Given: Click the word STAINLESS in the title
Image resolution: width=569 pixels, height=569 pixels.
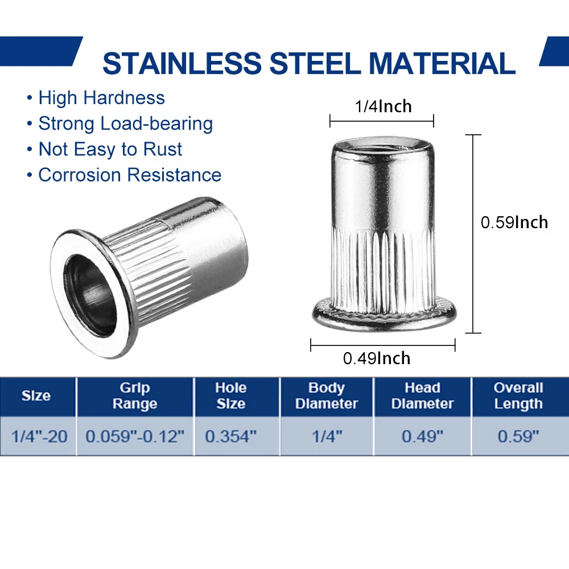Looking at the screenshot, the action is pyautogui.click(x=182, y=63).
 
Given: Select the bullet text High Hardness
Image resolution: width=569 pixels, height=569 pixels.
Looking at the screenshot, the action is pyautogui.click(x=102, y=98).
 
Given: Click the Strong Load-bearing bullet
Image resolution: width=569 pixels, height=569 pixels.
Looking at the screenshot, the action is pyautogui.click(x=126, y=123).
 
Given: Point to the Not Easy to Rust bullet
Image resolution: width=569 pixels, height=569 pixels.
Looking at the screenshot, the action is pyautogui.click(x=110, y=149).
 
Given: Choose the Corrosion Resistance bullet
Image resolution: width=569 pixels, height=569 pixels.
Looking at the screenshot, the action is pyautogui.click(x=130, y=175).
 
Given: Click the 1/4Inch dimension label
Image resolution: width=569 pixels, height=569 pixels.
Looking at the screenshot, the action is pyautogui.click(x=383, y=106).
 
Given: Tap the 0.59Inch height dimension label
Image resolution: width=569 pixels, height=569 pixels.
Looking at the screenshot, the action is pyautogui.click(x=514, y=222).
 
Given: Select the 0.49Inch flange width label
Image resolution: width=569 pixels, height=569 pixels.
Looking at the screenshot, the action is pyautogui.click(x=377, y=358).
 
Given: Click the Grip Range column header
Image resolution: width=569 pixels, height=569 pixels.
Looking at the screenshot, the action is pyautogui.click(x=135, y=395).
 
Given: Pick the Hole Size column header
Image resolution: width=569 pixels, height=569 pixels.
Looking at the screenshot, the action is pyautogui.click(x=231, y=395).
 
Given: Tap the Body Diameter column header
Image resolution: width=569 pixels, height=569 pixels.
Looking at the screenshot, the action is pyautogui.click(x=327, y=395).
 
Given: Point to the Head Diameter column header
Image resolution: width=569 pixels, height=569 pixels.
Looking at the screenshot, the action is pyautogui.click(x=422, y=395).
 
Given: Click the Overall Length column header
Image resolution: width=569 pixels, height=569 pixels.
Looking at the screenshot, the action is pyautogui.click(x=518, y=395).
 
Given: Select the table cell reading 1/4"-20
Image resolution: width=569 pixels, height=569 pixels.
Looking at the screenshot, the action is pyautogui.click(x=39, y=436).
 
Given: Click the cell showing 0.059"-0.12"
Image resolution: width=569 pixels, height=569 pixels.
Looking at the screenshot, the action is pyautogui.click(x=135, y=436).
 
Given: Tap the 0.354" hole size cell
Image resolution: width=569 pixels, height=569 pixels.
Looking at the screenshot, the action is pyautogui.click(x=231, y=436).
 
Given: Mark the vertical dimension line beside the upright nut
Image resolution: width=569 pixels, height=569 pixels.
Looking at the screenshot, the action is pyautogui.click(x=473, y=234).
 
